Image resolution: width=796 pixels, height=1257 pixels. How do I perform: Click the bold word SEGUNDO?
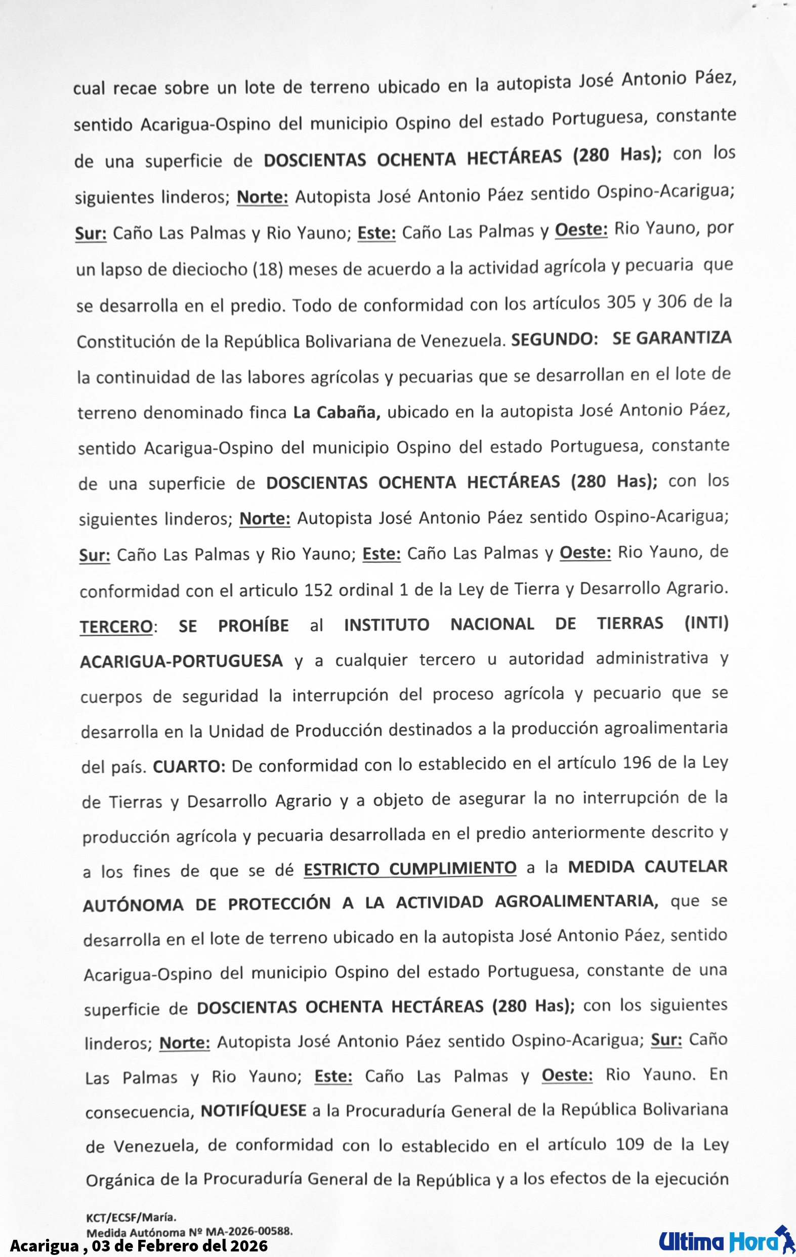click(554, 340)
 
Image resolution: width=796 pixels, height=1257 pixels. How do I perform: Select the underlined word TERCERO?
click(116, 626)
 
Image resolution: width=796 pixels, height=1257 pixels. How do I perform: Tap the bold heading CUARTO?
click(189, 767)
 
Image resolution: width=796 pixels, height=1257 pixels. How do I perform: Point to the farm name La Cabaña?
click(337, 412)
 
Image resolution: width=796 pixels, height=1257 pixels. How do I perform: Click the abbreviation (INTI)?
click(706, 623)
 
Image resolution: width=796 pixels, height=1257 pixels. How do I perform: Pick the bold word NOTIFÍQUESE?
click(254, 1110)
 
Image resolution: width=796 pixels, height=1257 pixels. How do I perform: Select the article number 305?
click(621, 302)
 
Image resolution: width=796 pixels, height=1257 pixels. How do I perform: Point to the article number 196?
click(637, 763)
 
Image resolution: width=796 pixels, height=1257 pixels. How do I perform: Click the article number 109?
click(630, 1145)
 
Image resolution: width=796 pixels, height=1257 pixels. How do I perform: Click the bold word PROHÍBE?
click(254, 625)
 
